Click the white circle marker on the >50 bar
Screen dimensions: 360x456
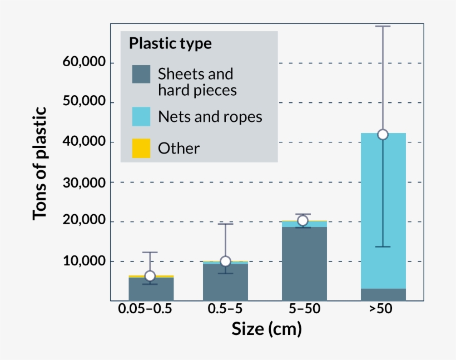tap(383, 135)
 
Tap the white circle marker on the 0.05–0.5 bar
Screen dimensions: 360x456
tap(150, 276)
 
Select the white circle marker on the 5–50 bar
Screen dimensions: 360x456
tap(303, 220)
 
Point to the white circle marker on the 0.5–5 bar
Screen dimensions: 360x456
tap(225, 262)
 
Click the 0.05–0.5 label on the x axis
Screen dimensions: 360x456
tap(145, 309)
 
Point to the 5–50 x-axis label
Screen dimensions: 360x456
tap(303, 309)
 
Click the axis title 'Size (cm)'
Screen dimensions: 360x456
tap(266, 329)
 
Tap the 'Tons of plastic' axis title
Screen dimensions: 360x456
tap(41, 162)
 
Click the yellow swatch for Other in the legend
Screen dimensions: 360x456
tap(141, 148)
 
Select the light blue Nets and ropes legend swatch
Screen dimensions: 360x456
tap(141, 116)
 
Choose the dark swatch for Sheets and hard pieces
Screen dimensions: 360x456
tap(141, 74)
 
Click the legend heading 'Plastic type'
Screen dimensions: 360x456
tap(170, 43)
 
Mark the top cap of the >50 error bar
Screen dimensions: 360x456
tap(383, 26)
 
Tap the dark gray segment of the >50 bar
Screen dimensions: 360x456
tap(383, 294)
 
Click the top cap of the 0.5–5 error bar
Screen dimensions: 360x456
tap(225, 224)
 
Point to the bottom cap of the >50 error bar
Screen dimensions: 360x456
tap(383, 246)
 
